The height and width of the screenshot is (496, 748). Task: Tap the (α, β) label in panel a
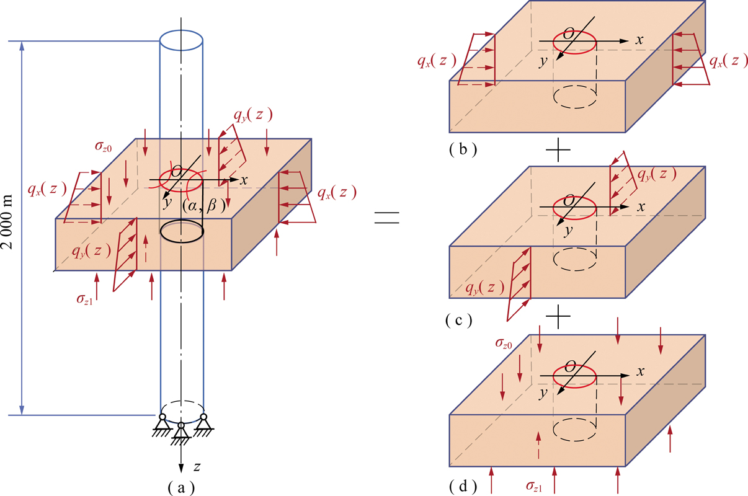[204, 206]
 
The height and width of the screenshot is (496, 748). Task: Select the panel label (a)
[181, 488]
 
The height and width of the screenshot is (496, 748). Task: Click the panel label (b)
[463, 149]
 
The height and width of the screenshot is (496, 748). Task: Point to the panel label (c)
[459, 320]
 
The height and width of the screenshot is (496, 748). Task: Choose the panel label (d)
[463, 487]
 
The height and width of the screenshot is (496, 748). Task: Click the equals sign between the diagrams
[386, 218]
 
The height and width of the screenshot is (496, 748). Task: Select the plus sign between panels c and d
[558, 316]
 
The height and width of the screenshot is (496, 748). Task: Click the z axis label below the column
[197, 467]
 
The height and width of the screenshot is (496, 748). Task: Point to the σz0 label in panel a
[103, 146]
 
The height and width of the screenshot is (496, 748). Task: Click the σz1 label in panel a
[84, 299]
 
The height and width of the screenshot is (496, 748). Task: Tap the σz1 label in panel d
[533, 486]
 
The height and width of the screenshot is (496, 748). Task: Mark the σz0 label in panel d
[504, 343]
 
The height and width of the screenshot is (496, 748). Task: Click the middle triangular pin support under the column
[180, 433]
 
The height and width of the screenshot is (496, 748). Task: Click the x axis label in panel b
[639, 40]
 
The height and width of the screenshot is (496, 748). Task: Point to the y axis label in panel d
[544, 393]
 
